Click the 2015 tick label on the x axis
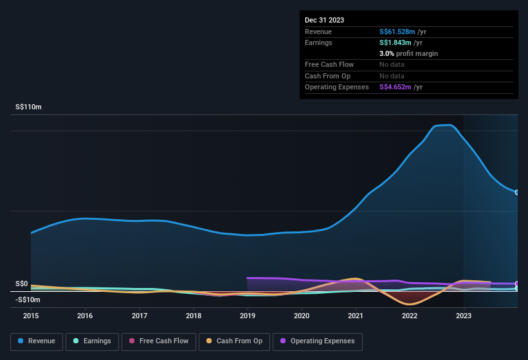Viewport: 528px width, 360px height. click(31, 316)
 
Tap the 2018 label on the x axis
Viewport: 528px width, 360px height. click(194, 316)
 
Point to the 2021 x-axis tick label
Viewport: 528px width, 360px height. click(356, 316)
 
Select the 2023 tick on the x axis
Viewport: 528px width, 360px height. click(464, 316)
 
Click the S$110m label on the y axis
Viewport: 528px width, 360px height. click(28, 107)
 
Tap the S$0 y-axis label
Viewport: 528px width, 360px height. click(21, 283)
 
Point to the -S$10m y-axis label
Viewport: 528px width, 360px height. click(28, 300)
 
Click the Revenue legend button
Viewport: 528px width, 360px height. click(37, 341)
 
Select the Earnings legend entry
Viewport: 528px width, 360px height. click(93, 341)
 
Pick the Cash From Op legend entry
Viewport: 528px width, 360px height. click(234, 341)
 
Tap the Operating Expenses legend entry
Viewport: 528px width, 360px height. click(318, 341)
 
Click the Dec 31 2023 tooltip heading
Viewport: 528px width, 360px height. click(324, 20)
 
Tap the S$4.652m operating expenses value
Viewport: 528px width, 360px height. click(395, 87)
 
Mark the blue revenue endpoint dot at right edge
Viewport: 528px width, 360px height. click(517, 192)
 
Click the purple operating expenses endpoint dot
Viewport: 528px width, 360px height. click(517, 283)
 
